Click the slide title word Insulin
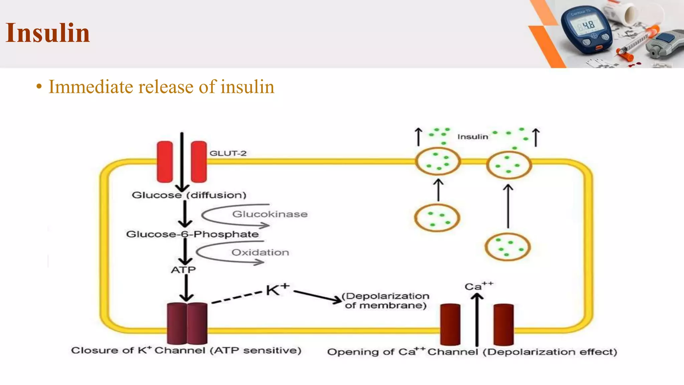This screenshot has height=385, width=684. [48, 33]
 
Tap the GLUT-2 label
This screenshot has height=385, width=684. [228, 153]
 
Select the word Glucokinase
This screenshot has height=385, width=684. [270, 214]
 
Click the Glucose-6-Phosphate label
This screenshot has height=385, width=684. [192, 234]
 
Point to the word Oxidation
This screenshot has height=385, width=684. [260, 252]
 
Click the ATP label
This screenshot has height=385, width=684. [183, 270]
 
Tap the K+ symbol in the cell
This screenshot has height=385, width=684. [277, 289]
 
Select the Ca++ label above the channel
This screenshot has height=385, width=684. [478, 286]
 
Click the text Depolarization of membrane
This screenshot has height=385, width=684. [386, 300]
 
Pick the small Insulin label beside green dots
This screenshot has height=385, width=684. [472, 137]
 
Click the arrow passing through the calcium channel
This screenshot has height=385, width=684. [477, 321]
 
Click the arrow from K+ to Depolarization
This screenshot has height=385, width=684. [317, 296]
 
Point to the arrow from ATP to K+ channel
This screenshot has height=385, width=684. [186, 287]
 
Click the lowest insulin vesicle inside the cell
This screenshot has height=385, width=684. [507, 247]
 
